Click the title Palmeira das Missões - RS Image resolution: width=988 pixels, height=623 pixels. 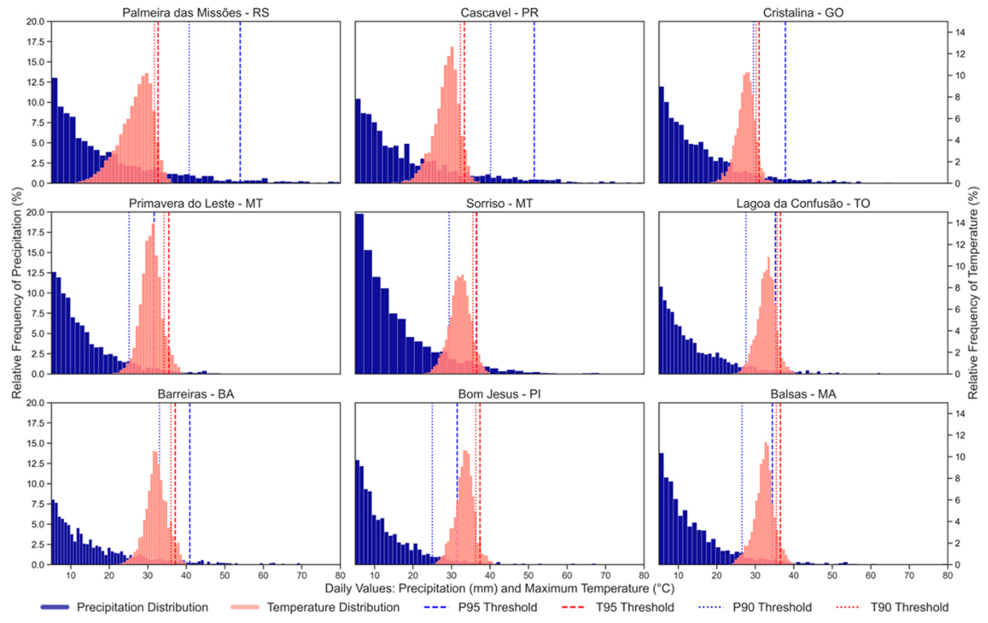(196, 13)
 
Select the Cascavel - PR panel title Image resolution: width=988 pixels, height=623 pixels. (499, 13)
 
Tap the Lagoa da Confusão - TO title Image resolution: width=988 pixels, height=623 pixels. (803, 203)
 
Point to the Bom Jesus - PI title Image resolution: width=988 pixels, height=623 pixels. (499, 394)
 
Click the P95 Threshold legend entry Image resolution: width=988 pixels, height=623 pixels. (497, 607)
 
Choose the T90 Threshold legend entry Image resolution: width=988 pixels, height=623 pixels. (909, 607)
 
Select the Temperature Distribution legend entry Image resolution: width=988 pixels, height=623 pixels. (333, 607)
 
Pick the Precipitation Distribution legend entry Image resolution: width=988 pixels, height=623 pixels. (142, 607)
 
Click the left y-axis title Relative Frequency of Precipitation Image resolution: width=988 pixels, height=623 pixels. (16, 293)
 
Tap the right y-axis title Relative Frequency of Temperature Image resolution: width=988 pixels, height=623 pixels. (973, 293)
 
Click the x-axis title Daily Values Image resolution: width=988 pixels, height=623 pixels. (499, 588)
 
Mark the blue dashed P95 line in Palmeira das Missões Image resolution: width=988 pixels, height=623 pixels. (240, 103)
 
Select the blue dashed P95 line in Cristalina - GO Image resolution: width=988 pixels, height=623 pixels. (785, 103)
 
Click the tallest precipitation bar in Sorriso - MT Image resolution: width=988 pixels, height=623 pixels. (359, 294)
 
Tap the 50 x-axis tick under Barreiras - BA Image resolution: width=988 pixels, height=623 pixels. (225, 575)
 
